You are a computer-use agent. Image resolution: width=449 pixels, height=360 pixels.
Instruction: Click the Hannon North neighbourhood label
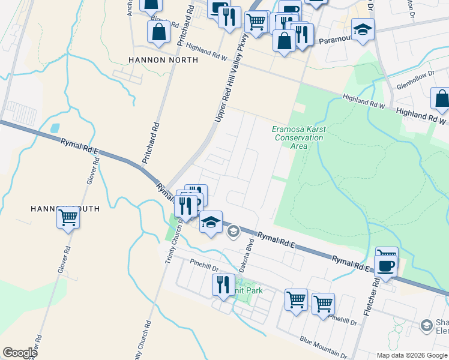tap(163, 60)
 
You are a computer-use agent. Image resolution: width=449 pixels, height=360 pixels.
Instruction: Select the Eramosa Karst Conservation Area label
tap(298, 133)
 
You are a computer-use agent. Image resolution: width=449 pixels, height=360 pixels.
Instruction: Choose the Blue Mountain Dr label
tap(325, 346)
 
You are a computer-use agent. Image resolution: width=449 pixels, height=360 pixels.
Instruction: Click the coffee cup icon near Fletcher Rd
tap(385, 266)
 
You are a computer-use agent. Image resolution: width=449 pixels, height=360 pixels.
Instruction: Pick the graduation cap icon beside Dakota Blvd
tap(210, 222)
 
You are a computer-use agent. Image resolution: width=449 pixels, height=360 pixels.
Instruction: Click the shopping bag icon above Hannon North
tap(158, 33)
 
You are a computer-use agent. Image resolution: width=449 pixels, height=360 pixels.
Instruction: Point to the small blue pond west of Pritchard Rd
tap(55, 128)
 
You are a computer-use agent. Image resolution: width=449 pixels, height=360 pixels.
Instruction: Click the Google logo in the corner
tap(19, 353)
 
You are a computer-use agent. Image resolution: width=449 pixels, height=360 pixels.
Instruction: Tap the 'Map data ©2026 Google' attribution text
tap(412, 355)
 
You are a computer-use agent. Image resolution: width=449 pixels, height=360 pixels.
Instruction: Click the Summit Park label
tap(250, 291)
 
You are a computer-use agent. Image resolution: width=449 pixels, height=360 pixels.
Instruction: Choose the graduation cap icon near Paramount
tap(363, 30)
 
